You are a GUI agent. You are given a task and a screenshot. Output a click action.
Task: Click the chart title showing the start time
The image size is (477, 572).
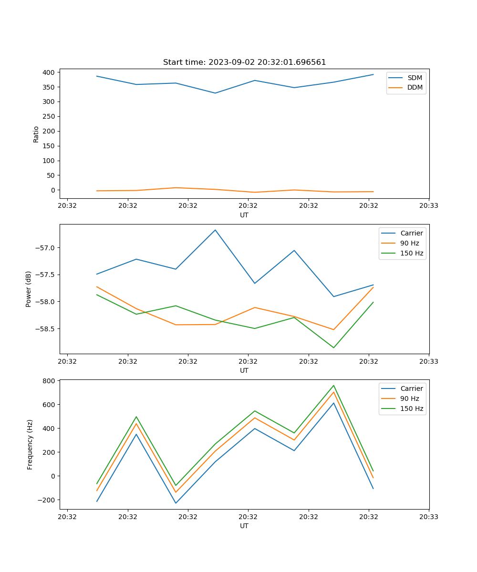pyautogui.click(x=244, y=62)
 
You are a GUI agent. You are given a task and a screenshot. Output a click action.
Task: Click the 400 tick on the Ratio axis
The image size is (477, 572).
pyautogui.click(x=49, y=72)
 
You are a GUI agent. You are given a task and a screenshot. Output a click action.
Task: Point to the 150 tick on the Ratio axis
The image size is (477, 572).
pyautogui.click(x=49, y=146)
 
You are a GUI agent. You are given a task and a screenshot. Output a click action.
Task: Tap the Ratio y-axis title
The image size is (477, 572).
pyautogui.click(x=36, y=134)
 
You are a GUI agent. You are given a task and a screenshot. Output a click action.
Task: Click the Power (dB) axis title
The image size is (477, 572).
pyautogui.click(x=29, y=289)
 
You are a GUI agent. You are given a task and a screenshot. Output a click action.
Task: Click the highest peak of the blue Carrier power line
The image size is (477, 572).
pyautogui.click(x=215, y=230)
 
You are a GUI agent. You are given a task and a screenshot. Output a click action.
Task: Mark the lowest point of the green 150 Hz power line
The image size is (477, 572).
pyautogui.click(x=333, y=347)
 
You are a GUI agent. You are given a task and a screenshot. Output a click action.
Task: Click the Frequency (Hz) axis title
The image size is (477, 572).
pyautogui.click(x=30, y=444)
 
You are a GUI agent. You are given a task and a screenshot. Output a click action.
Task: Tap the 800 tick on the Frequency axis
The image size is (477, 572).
pyautogui.click(x=49, y=381)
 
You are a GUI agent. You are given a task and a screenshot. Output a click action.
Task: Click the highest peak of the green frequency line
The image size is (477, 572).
pyautogui.click(x=333, y=385)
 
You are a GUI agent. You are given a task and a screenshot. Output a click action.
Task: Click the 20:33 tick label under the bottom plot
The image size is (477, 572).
pyautogui.click(x=429, y=516)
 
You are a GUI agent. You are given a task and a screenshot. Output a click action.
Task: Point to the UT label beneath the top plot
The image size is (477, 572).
pyautogui.click(x=244, y=215)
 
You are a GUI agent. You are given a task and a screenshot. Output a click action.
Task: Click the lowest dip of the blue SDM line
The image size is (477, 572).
pyautogui.click(x=215, y=93)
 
